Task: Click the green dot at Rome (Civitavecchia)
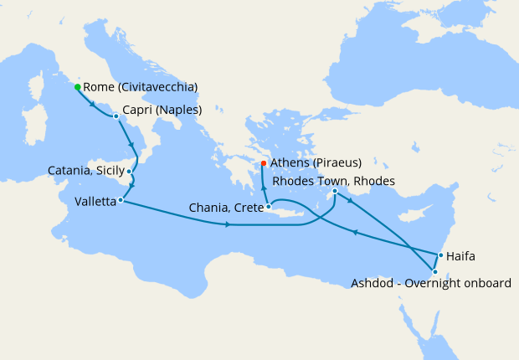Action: (x=77, y=87)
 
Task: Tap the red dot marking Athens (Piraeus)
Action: (x=264, y=163)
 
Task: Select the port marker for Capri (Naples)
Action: (x=116, y=116)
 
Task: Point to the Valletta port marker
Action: (x=121, y=200)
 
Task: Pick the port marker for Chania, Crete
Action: (x=268, y=207)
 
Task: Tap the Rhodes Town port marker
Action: (x=335, y=191)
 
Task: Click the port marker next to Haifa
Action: (x=440, y=255)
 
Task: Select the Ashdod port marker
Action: (x=434, y=271)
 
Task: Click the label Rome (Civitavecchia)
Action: (x=141, y=87)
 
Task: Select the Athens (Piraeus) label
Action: (x=316, y=162)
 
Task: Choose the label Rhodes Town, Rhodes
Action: (x=334, y=181)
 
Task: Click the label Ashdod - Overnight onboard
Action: (x=430, y=284)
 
